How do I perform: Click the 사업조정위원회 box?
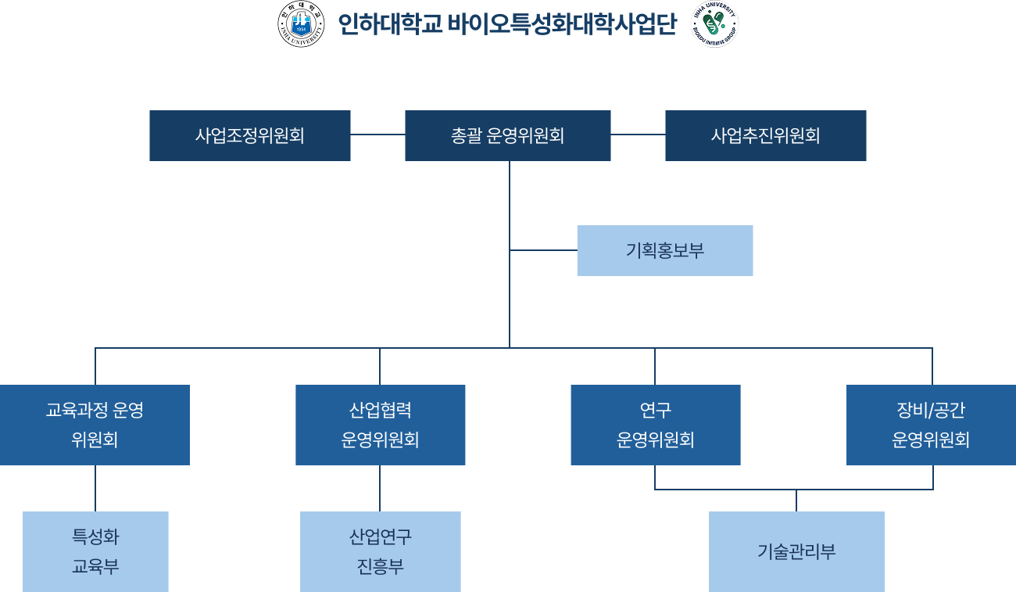[x=249, y=135]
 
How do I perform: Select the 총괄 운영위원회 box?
[x=507, y=135]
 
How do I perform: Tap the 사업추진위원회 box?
[x=765, y=135]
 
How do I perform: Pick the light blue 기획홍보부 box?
[x=664, y=250]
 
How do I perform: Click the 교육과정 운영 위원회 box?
[x=95, y=425]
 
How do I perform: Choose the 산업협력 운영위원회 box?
[x=380, y=425]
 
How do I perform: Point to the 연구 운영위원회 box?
[x=655, y=425]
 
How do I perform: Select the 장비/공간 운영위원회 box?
[x=931, y=425]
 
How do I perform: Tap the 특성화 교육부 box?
[x=95, y=551]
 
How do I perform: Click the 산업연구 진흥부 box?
[x=380, y=551]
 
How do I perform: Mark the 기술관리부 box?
[x=796, y=551]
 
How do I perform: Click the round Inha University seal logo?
[x=301, y=24]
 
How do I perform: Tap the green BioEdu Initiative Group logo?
[x=714, y=24]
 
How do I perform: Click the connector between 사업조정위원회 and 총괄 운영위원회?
[x=377, y=135]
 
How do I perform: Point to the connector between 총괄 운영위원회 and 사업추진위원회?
[x=638, y=135]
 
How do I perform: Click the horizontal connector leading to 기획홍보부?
[x=543, y=250]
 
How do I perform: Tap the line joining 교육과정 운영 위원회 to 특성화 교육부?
[x=95, y=488]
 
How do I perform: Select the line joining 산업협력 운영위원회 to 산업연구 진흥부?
[x=380, y=488]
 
